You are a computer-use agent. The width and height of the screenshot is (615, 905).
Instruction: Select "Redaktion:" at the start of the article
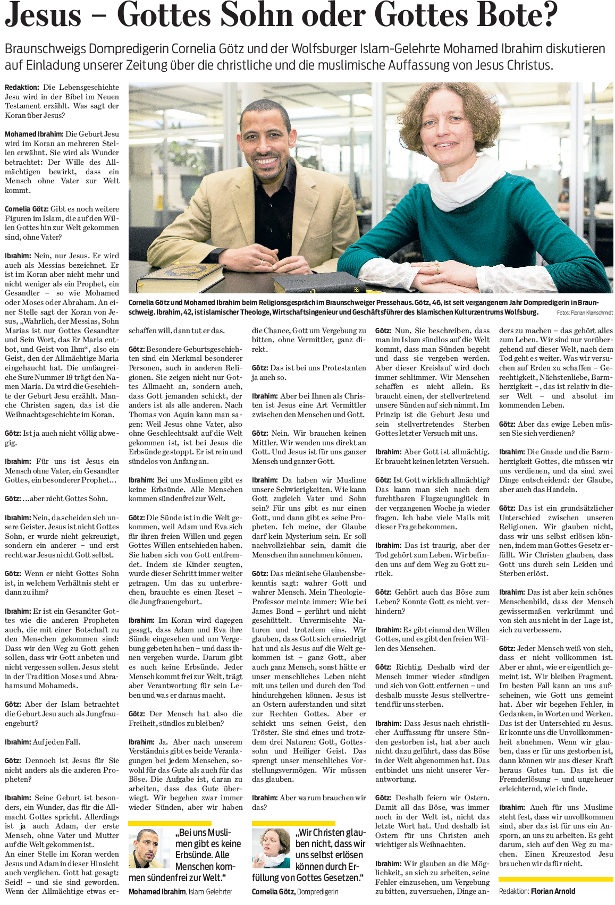coord(22,87)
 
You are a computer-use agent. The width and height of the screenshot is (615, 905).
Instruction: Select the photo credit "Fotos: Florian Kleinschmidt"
coord(584,313)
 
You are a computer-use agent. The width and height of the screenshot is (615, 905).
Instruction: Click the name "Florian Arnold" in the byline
coord(553,891)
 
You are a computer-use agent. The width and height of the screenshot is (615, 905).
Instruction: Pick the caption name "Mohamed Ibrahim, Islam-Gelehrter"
coord(180,892)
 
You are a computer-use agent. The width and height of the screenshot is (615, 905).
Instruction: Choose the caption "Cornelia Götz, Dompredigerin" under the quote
coord(294,892)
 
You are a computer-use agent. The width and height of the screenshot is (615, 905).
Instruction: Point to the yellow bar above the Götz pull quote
coord(293,823)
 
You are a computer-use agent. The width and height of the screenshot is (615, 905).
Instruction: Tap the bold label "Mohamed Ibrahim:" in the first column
coord(34,134)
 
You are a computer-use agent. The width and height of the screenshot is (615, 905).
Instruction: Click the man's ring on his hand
coord(261,262)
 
